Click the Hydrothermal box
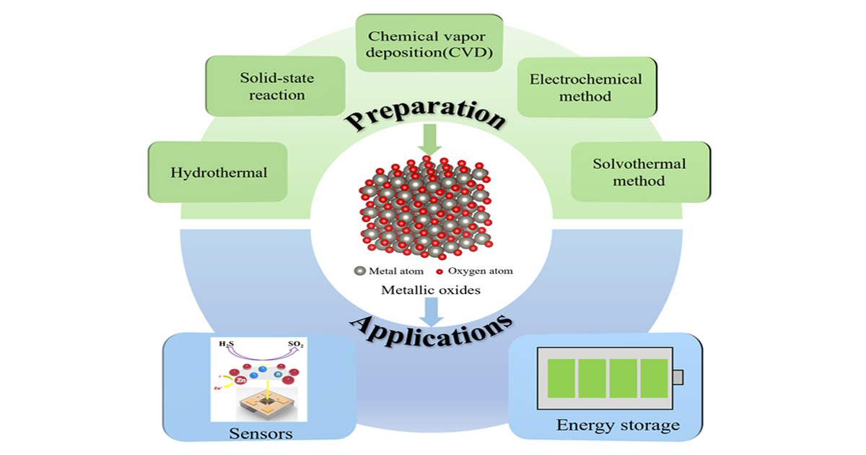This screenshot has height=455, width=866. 219,173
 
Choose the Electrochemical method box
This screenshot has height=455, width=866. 585,87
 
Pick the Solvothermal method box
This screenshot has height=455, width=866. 639,172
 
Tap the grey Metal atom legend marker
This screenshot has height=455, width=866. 359,272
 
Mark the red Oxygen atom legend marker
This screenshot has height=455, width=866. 439,272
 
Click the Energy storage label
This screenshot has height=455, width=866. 618,425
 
